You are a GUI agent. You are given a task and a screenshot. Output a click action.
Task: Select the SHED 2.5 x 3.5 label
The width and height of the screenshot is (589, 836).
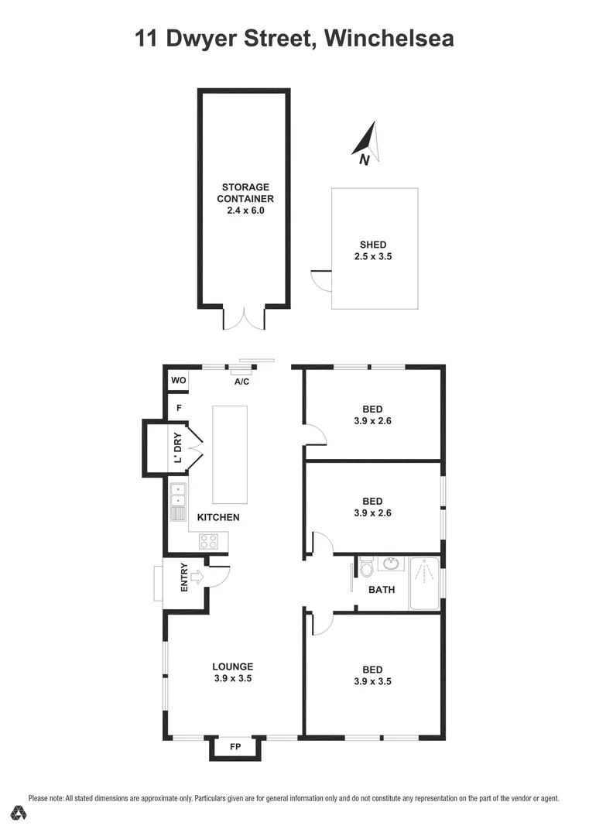(375, 250)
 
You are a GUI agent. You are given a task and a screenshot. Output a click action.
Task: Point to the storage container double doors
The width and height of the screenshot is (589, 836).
(245, 319)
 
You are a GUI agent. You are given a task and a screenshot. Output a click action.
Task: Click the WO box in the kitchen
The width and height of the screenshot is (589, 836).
(178, 380)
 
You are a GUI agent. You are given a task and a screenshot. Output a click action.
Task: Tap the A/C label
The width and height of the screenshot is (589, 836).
(241, 382)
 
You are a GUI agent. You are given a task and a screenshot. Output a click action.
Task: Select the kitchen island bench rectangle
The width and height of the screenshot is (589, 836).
(230, 454)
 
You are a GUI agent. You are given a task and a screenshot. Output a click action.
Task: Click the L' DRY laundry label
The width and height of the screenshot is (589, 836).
(178, 448)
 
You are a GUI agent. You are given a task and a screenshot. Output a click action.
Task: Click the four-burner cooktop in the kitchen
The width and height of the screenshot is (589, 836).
(208, 541)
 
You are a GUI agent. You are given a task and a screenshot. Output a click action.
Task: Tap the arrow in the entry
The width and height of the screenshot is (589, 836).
(196, 576)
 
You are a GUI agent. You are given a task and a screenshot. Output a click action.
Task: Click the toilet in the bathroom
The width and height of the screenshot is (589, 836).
(366, 569)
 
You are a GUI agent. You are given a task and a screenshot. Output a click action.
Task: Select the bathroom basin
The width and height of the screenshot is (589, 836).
(392, 564)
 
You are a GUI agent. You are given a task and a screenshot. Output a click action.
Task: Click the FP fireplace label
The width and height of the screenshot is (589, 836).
(235, 747)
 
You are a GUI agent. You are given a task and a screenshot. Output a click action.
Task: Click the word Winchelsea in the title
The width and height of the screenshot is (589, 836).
(389, 38)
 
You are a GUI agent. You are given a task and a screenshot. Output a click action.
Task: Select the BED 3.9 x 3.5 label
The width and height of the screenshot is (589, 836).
(373, 675)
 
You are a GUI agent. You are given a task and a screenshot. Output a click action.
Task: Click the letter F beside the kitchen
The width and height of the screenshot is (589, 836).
(179, 407)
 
